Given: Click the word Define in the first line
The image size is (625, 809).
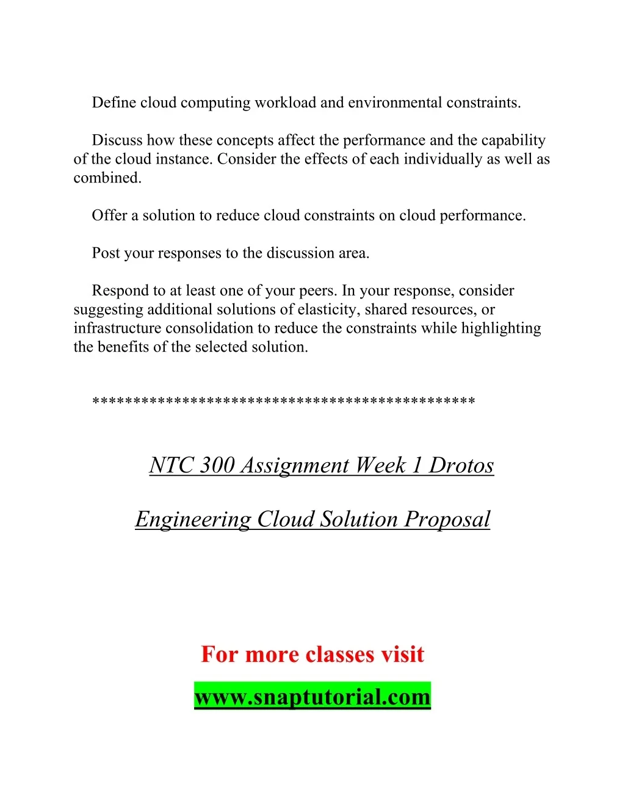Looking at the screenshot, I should pos(114,103).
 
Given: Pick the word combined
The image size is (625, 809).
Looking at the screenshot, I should pos(107,178).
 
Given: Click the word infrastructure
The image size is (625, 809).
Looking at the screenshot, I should pos(117,328).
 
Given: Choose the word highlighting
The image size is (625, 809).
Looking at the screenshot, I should pos(501,328).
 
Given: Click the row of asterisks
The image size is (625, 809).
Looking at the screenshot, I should pos(283,402).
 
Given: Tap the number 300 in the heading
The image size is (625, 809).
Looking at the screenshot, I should pos(217,465).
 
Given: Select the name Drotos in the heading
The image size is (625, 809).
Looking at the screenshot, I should pos(461,465).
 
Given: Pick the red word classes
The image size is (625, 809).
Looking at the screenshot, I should pos(340,655).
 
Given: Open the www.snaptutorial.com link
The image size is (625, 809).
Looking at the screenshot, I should pos(312,697).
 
